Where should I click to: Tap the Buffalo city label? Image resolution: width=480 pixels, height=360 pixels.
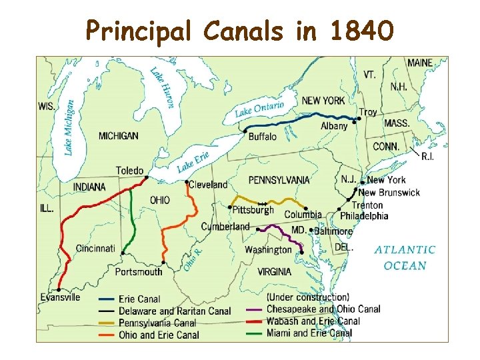(262, 137)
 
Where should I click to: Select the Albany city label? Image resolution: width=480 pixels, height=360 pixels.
(334, 126)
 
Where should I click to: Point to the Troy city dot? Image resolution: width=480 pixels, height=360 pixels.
(359, 119)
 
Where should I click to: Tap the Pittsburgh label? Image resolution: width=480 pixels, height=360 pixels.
(253, 210)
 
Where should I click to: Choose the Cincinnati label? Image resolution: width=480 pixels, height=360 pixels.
(95, 248)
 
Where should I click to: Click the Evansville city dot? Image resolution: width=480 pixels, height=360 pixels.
(59, 290)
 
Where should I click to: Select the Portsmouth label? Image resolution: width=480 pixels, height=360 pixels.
(138, 271)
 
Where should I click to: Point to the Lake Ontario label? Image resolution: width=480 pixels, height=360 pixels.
(259, 109)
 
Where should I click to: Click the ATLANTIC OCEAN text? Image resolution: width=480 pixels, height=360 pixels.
(405, 257)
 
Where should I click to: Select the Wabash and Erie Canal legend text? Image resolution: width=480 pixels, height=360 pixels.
(313, 321)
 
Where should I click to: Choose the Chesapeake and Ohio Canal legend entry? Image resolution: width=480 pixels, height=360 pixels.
(323, 309)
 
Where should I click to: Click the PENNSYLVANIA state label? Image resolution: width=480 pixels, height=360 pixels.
(279, 180)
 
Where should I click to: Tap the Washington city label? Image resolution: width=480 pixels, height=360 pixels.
(268, 250)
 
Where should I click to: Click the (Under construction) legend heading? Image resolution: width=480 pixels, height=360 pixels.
(307, 297)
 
